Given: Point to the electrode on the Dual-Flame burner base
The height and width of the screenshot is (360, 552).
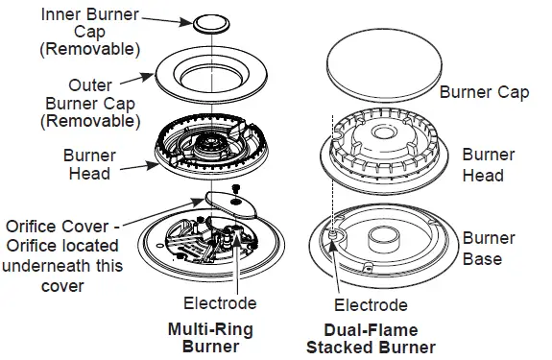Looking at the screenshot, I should point(333,232).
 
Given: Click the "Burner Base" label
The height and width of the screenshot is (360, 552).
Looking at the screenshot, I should point(489,249).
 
